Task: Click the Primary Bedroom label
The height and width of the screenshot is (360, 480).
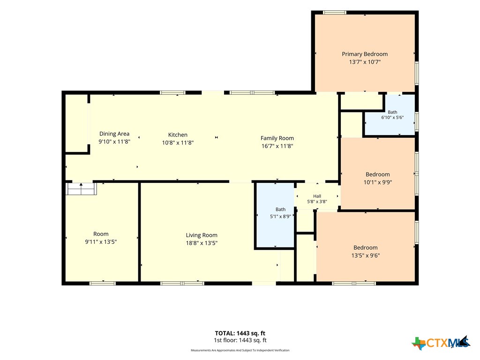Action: point(365,54)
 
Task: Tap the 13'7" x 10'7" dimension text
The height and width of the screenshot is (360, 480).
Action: point(365,62)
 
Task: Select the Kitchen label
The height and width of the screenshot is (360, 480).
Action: point(178,135)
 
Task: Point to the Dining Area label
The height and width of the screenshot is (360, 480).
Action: point(114,134)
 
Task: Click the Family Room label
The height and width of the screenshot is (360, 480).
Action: point(277,138)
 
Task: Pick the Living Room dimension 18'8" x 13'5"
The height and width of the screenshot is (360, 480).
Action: point(202,243)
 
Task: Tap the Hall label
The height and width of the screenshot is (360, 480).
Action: point(317,196)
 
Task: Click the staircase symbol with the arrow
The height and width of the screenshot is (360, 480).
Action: point(82,188)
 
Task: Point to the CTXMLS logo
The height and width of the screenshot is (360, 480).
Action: point(441,343)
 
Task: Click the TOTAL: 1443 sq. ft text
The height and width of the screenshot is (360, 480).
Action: point(240,333)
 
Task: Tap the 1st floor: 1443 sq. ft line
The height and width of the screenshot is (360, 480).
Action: point(240,340)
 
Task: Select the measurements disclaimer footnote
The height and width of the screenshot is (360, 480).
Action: point(240,350)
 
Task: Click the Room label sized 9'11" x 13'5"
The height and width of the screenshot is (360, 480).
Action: point(101,234)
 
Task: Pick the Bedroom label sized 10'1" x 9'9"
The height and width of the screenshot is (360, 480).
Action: point(378,174)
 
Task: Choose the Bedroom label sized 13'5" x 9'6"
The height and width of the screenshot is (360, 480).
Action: point(366,247)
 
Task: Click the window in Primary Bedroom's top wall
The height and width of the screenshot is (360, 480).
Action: point(335,13)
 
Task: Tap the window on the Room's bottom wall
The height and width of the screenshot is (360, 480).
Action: point(103,284)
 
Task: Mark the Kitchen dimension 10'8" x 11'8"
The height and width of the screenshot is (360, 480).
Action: point(178,142)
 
